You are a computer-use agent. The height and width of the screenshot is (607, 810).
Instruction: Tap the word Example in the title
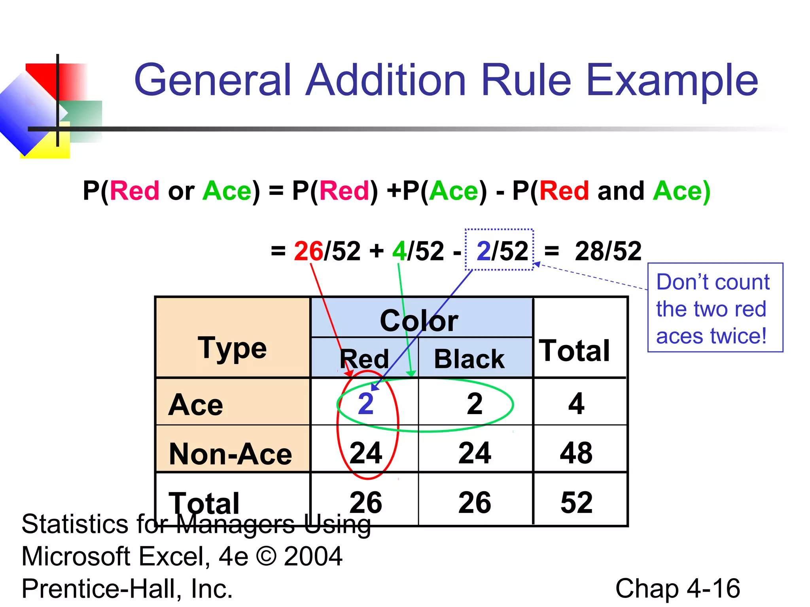tap(672, 81)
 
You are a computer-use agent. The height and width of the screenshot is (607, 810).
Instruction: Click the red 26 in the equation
tap(308, 251)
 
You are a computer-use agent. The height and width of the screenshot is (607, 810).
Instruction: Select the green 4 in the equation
tap(399, 251)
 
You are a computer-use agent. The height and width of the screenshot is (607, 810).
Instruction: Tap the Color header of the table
tap(419, 320)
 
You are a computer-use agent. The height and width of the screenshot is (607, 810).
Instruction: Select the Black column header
tap(469, 359)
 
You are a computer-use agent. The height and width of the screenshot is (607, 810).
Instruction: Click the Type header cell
tap(232, 348)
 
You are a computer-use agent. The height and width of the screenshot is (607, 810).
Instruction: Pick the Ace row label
tap(195, 405)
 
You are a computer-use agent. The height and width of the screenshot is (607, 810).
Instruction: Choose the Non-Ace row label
tap(230, 454)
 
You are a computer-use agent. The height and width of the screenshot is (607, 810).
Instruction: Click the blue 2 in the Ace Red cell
tap(366, 404)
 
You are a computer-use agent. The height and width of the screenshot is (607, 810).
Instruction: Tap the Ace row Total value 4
tap(576, 404)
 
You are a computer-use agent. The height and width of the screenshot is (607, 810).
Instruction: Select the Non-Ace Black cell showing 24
tap(475, 453)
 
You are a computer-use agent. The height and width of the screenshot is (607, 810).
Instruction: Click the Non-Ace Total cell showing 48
tap(576, 453)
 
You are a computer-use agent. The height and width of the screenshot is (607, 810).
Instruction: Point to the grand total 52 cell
tap(576, 502)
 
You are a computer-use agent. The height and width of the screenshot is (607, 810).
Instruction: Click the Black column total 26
tap(475, 502)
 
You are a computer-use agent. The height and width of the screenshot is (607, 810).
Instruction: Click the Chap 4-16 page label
tap(678, 588)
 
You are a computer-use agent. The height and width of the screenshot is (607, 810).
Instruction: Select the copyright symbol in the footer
tap(266, 556)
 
